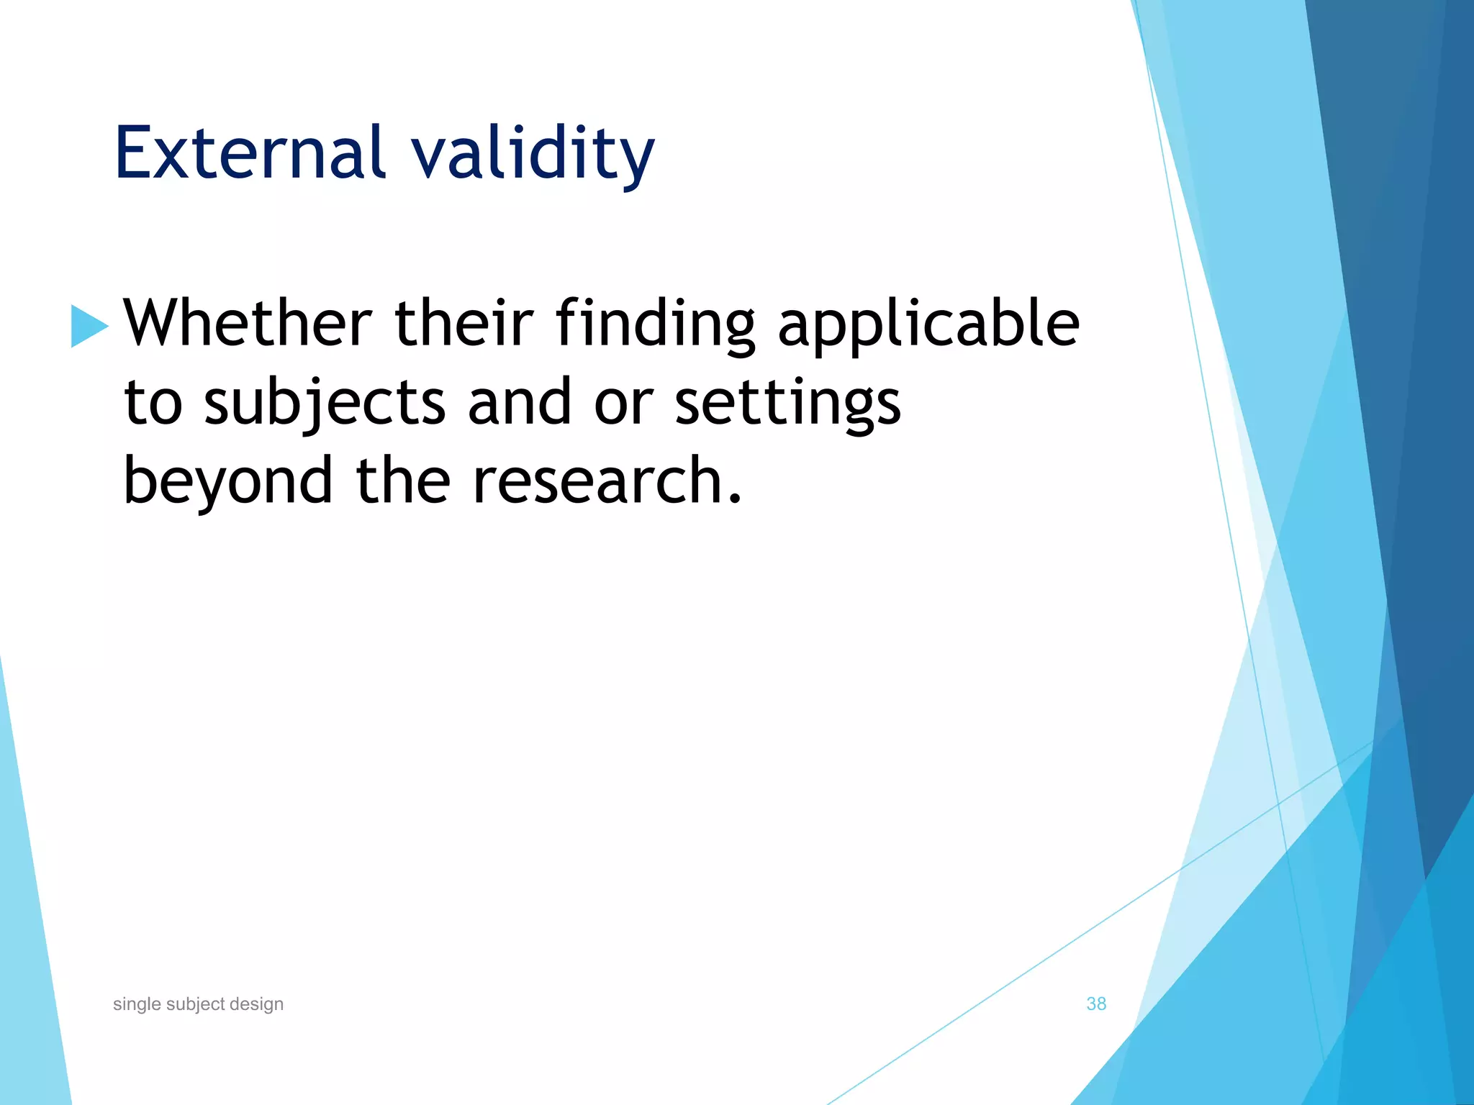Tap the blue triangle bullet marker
pyautogui.click(x=88, y=326)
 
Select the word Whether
pyautogui.click(x=248, y=323)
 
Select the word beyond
pyautogui.click(x=228, y=483)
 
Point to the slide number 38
pyautogui.click(x=1095, y=1004)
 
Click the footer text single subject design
pyautogui.click(x=198, y=1004)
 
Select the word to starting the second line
pyautogui.click(x=153, y=403)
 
